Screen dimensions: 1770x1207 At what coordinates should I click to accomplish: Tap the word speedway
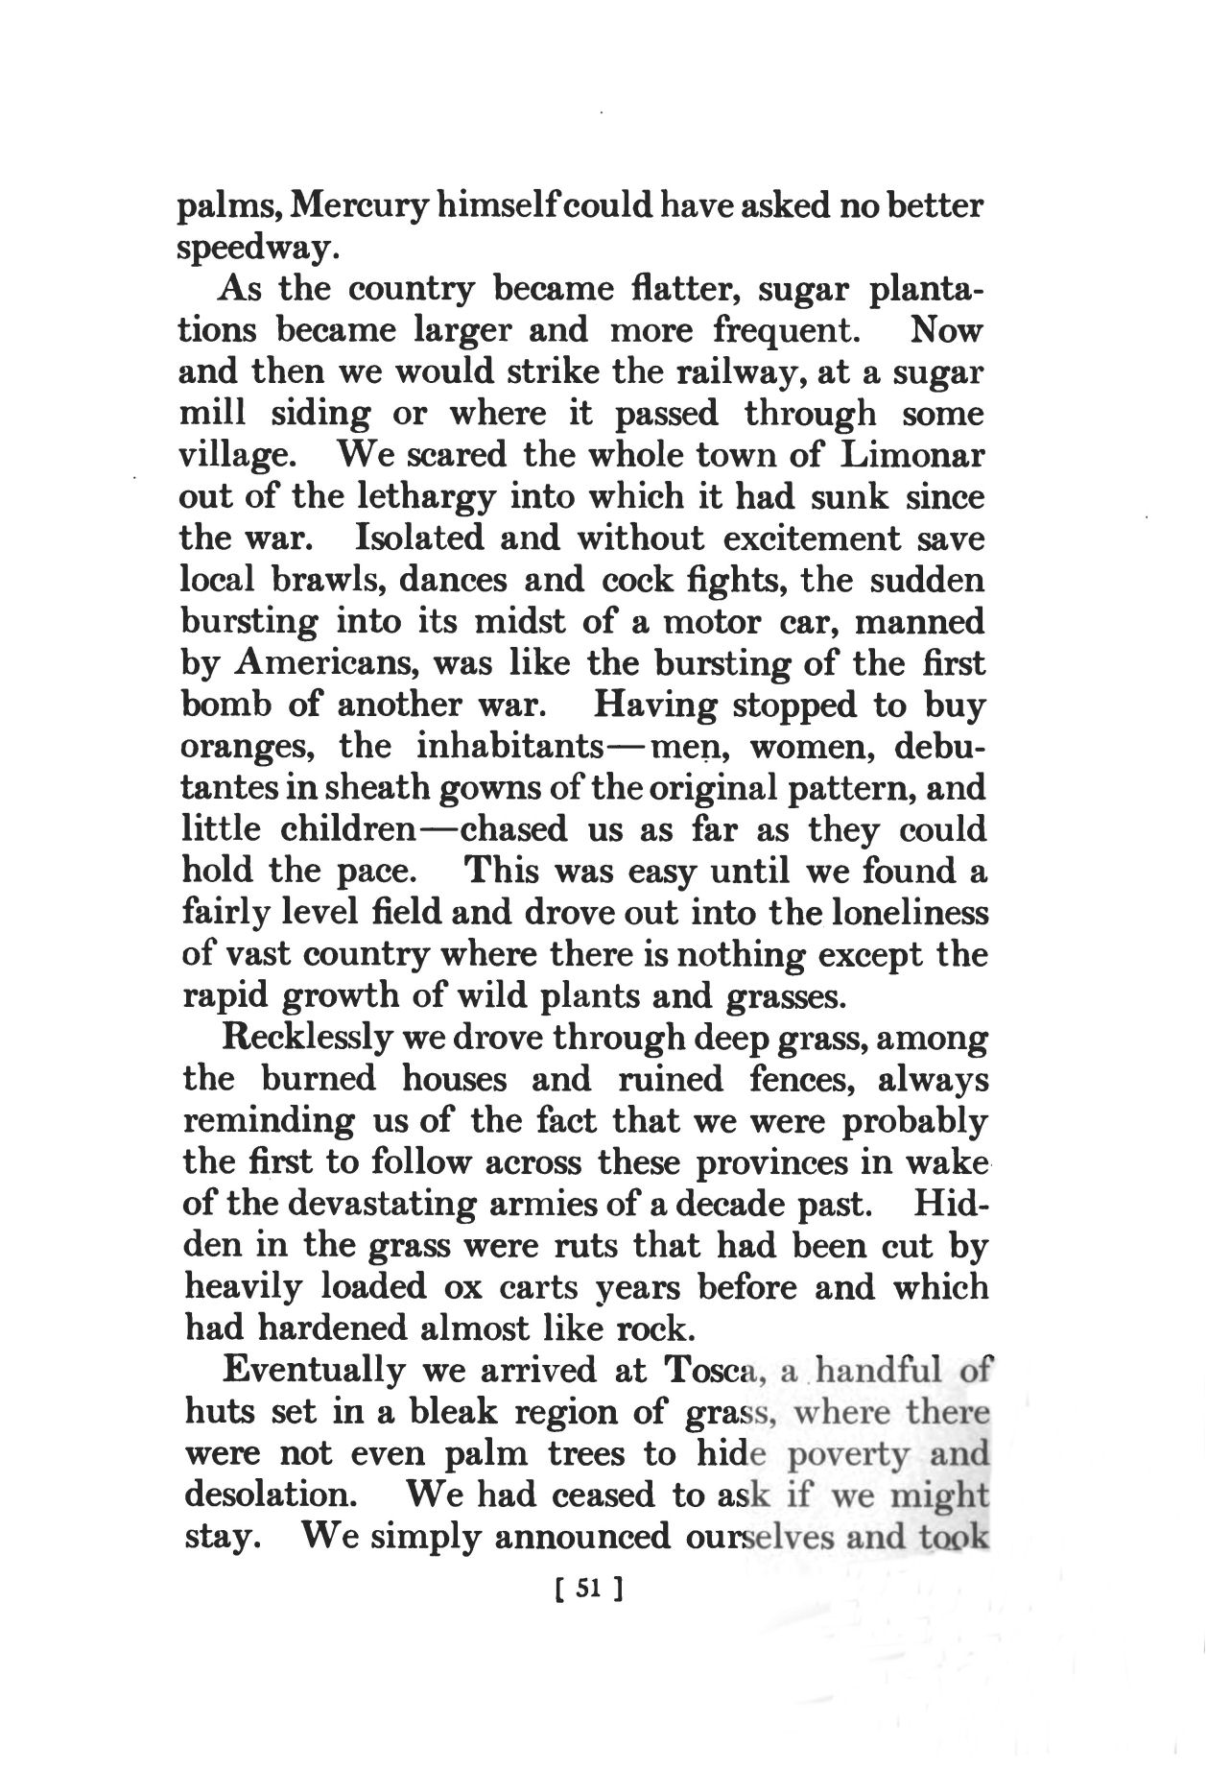pyautogui.click(x=258, y=249)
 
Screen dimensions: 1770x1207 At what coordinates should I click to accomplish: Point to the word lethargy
pyautogui.click(x=413, y=498)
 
